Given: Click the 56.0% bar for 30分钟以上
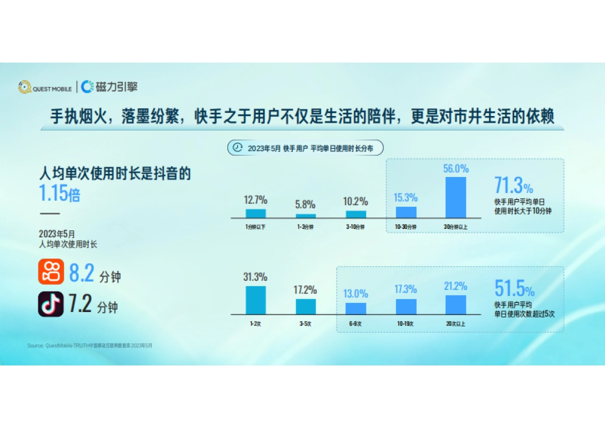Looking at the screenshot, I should point(456,197).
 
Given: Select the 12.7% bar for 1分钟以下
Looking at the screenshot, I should point(256,213).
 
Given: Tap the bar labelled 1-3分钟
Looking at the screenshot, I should point(306,216).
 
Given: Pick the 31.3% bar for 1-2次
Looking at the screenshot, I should point(256,300).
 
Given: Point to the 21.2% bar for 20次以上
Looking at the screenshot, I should point(456,304).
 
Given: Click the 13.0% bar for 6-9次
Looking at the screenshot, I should point(356,308).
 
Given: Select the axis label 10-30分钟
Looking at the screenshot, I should point(406,227).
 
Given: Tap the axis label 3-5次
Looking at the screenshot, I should point(306,324).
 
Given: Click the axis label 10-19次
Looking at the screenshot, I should point(406,324).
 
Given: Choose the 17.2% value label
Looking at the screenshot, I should point(306,290).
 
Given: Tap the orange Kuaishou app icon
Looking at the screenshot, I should point(51,272).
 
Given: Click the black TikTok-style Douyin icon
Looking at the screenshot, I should point(51,304).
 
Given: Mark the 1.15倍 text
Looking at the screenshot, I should point(60,194).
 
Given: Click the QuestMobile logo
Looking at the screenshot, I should point(45,87).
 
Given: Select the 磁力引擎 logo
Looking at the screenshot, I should point(109,87).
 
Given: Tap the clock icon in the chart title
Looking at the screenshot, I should point(237,148).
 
